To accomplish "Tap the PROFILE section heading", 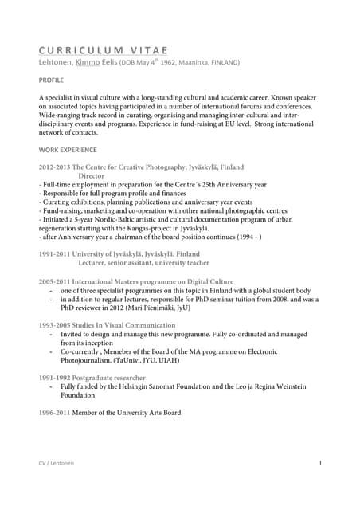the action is [x=52, y=81].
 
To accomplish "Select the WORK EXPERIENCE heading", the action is [x=68, y=149].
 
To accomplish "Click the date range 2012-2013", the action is [x=54, y=167].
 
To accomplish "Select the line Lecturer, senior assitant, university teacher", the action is [x=143, y=261].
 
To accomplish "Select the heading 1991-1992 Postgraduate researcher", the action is [x=92, y=377].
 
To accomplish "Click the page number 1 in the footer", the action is [x=319, y=463].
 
